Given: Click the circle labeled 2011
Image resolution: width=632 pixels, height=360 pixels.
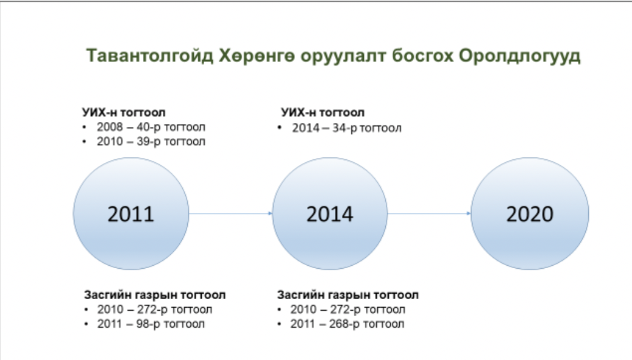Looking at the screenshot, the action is pyautogui.click(x=131, y=213).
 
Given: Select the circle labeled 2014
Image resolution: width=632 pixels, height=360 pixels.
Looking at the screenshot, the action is pyautogui.click(x=330, y=213).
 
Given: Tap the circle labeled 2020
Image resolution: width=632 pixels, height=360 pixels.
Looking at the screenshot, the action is pyautogui.click(x=530, y=213).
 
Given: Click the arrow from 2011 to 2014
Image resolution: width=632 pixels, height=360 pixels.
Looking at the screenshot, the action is pyautogui.click(x=230, y=213).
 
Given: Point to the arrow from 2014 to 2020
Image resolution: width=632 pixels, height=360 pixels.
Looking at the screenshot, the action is pyautogui.click(x=429, y=213).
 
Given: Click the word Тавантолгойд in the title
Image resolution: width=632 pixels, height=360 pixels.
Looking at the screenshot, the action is pyautogui.click(x=150, y=55).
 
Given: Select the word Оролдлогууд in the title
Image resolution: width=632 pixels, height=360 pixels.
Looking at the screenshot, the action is pyautogui.click(x=520, y=56).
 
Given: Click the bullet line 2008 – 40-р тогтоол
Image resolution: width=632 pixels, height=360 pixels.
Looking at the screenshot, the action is pyautogui.click(x=151, y=127).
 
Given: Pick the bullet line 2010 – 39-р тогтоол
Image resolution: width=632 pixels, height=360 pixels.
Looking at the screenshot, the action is pyautogui.click(x=151, y=142).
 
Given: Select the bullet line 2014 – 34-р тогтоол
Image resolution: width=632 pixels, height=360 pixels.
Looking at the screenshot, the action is pyautogui.click(x=346, y=128).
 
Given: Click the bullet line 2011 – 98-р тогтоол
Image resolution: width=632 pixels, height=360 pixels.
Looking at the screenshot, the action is pyautogui.click(x=151, y=324).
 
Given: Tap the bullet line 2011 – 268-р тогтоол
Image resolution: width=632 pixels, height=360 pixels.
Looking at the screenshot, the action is pyautogui.click(x=347, y=324).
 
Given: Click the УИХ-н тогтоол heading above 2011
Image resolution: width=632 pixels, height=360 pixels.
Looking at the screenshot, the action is pyautogui.click(x=124, y=112).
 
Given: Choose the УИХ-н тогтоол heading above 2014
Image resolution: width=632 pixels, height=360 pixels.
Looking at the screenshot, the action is pyautogui.click(x=323, y=112).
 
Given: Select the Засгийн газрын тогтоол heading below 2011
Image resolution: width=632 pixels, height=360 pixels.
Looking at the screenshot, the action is pyautogui.click(x=155, y=295).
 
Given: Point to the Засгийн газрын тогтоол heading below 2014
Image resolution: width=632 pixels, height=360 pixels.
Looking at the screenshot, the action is pyautogui.click(x=348, y=295).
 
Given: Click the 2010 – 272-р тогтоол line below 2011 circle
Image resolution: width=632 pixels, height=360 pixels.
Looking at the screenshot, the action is pyautogui.click(x=154, y=309).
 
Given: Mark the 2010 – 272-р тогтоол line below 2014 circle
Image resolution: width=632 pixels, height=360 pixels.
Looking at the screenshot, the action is pyautogui.click(x=348, y=309).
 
